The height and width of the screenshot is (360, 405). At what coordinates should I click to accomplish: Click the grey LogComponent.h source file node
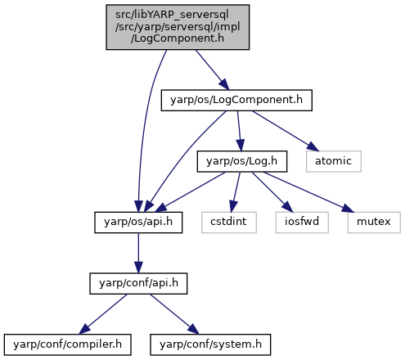(178, 27)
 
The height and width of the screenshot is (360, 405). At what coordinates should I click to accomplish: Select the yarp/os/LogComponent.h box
(236, 100)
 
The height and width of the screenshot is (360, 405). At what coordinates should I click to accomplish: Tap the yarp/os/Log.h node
(242, 161)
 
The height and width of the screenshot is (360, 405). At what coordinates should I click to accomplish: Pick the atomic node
(334, 161)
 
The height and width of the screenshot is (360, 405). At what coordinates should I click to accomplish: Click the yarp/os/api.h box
(138, 223)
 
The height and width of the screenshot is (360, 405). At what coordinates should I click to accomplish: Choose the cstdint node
(229, 223)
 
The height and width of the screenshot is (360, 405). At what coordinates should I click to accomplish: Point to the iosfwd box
(302, 223)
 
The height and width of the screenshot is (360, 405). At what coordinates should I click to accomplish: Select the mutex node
(374, 223)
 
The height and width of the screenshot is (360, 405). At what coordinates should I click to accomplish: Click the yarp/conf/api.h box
(138, 283)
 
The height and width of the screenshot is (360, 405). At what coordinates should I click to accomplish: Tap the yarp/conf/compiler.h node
(67, 344)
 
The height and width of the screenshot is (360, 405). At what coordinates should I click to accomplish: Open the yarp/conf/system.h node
(210, 344)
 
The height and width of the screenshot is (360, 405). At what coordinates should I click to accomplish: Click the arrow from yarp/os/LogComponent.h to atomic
(286, 131)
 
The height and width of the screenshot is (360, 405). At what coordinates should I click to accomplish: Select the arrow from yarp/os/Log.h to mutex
(308, 191)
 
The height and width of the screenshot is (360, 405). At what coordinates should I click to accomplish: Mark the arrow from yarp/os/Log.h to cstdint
(236, 191)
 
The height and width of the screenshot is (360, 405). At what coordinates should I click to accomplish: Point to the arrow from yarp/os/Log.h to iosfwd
(272, 191)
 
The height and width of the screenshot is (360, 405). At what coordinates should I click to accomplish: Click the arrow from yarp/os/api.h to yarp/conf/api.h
(138, 253)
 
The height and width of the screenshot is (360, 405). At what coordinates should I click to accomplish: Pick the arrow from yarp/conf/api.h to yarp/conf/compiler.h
(103, 314)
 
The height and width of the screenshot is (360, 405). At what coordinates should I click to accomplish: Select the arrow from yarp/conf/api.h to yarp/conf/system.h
(174, 314)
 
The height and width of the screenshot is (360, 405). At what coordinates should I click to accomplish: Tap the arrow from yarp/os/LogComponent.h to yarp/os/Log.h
(239, 131)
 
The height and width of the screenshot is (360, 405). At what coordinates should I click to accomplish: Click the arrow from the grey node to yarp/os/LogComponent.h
(212, 70)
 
